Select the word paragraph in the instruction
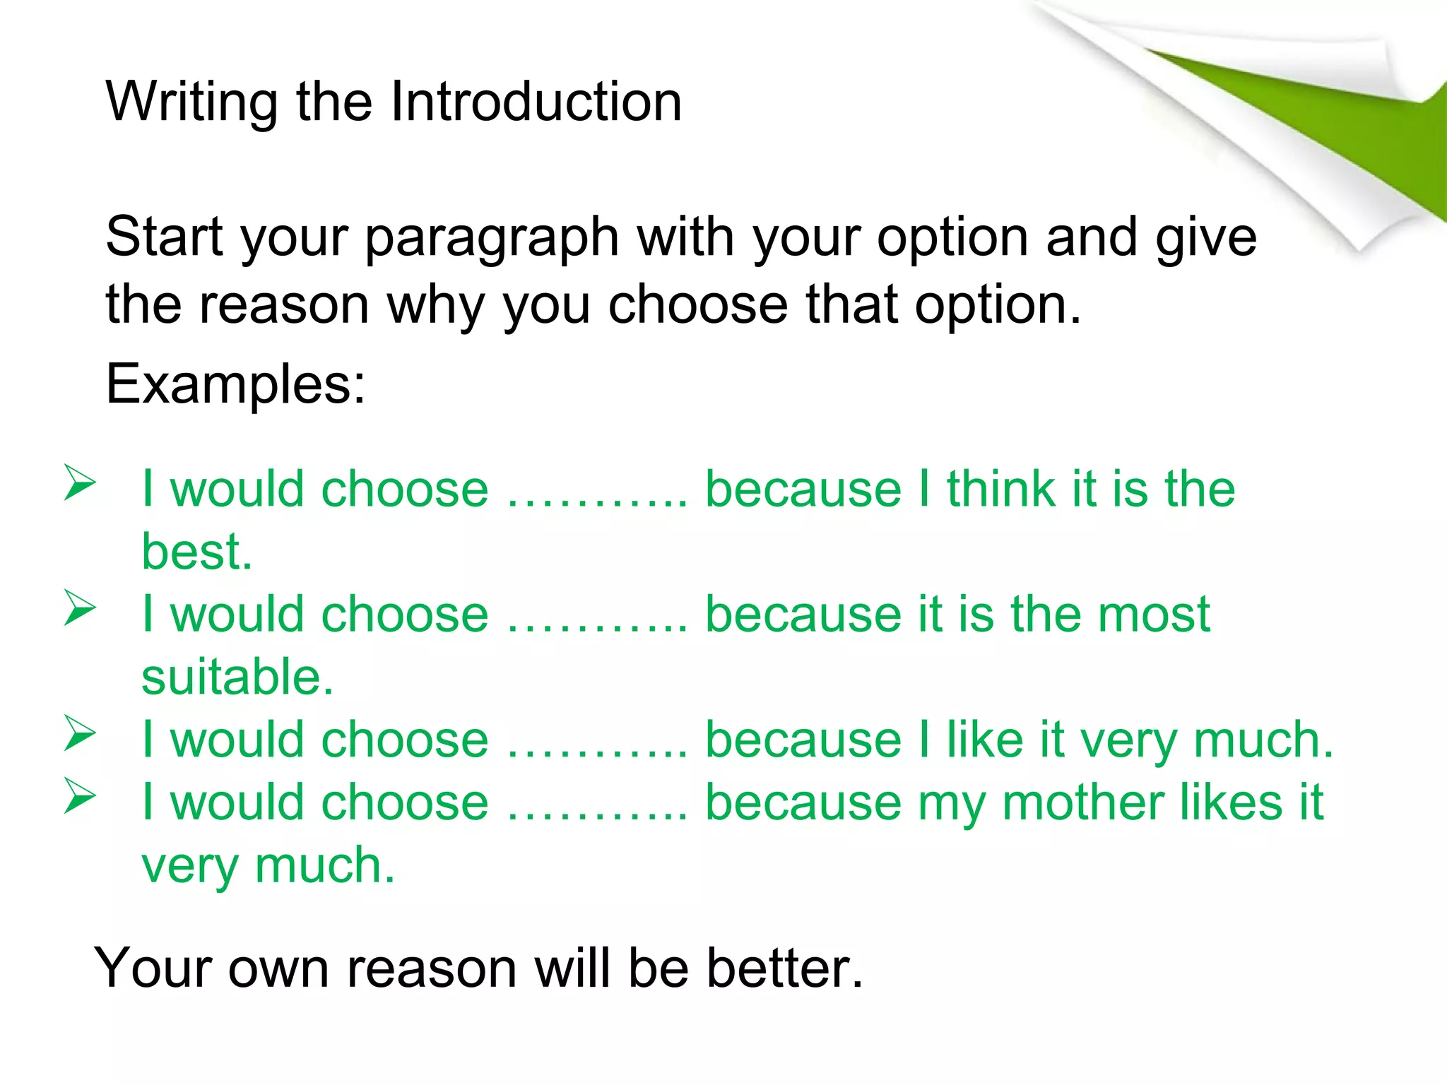click(x=492, y=239)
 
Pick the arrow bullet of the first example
click(x=79, y=483)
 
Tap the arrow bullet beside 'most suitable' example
click(x=79, y=608)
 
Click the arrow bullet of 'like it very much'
click(x=79, y=733)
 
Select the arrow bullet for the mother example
click(x=79, y=796)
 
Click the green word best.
click(x=196, y=552)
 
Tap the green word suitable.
click(x=237, y=677)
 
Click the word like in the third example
click(x=984, y=740)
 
